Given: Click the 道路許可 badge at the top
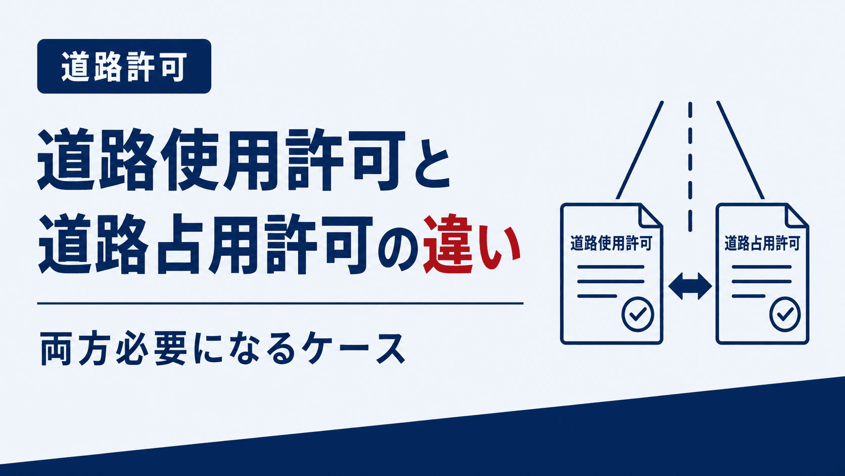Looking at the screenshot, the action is [124, 66].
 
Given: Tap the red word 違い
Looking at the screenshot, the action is [472, 245].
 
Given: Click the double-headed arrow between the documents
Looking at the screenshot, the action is [690, 286].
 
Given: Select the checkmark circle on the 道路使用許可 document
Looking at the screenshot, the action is [638, 315].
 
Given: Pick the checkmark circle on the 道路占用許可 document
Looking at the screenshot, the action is [785, 315].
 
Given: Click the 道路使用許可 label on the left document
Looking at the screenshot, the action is [611, 243].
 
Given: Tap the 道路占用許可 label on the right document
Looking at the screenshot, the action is [763, 243].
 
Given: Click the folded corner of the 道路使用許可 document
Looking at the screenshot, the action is [649, 217].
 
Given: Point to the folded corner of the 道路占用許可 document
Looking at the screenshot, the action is [796, 217].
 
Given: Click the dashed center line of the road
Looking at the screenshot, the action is [690, 166].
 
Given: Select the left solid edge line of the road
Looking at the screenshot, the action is [640, 150].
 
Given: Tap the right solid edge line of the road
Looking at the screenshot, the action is [740, 150].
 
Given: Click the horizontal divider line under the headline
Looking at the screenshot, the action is [280, 303].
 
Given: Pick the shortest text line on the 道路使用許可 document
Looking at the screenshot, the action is [597, 296].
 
